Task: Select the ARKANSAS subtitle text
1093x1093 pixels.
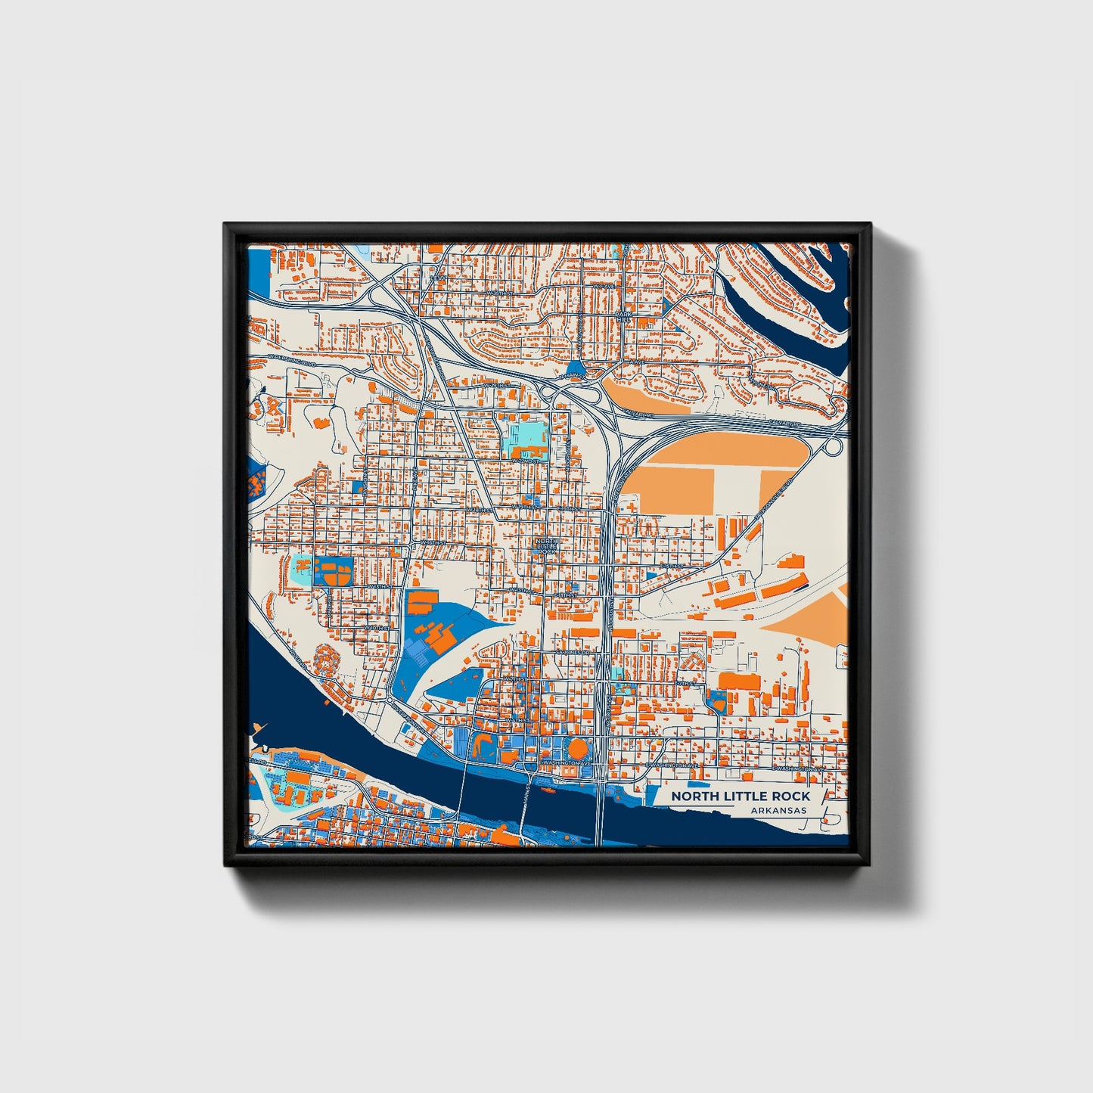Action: [778, 810]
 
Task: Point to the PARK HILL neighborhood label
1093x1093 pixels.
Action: [623, 317]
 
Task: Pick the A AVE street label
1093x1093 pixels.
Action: [634, 363]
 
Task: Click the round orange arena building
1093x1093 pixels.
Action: [578, 750]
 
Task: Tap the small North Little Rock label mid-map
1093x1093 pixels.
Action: [546, 546]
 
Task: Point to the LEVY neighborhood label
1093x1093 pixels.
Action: [438, 278]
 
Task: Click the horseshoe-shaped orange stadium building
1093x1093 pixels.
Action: [481, 747]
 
